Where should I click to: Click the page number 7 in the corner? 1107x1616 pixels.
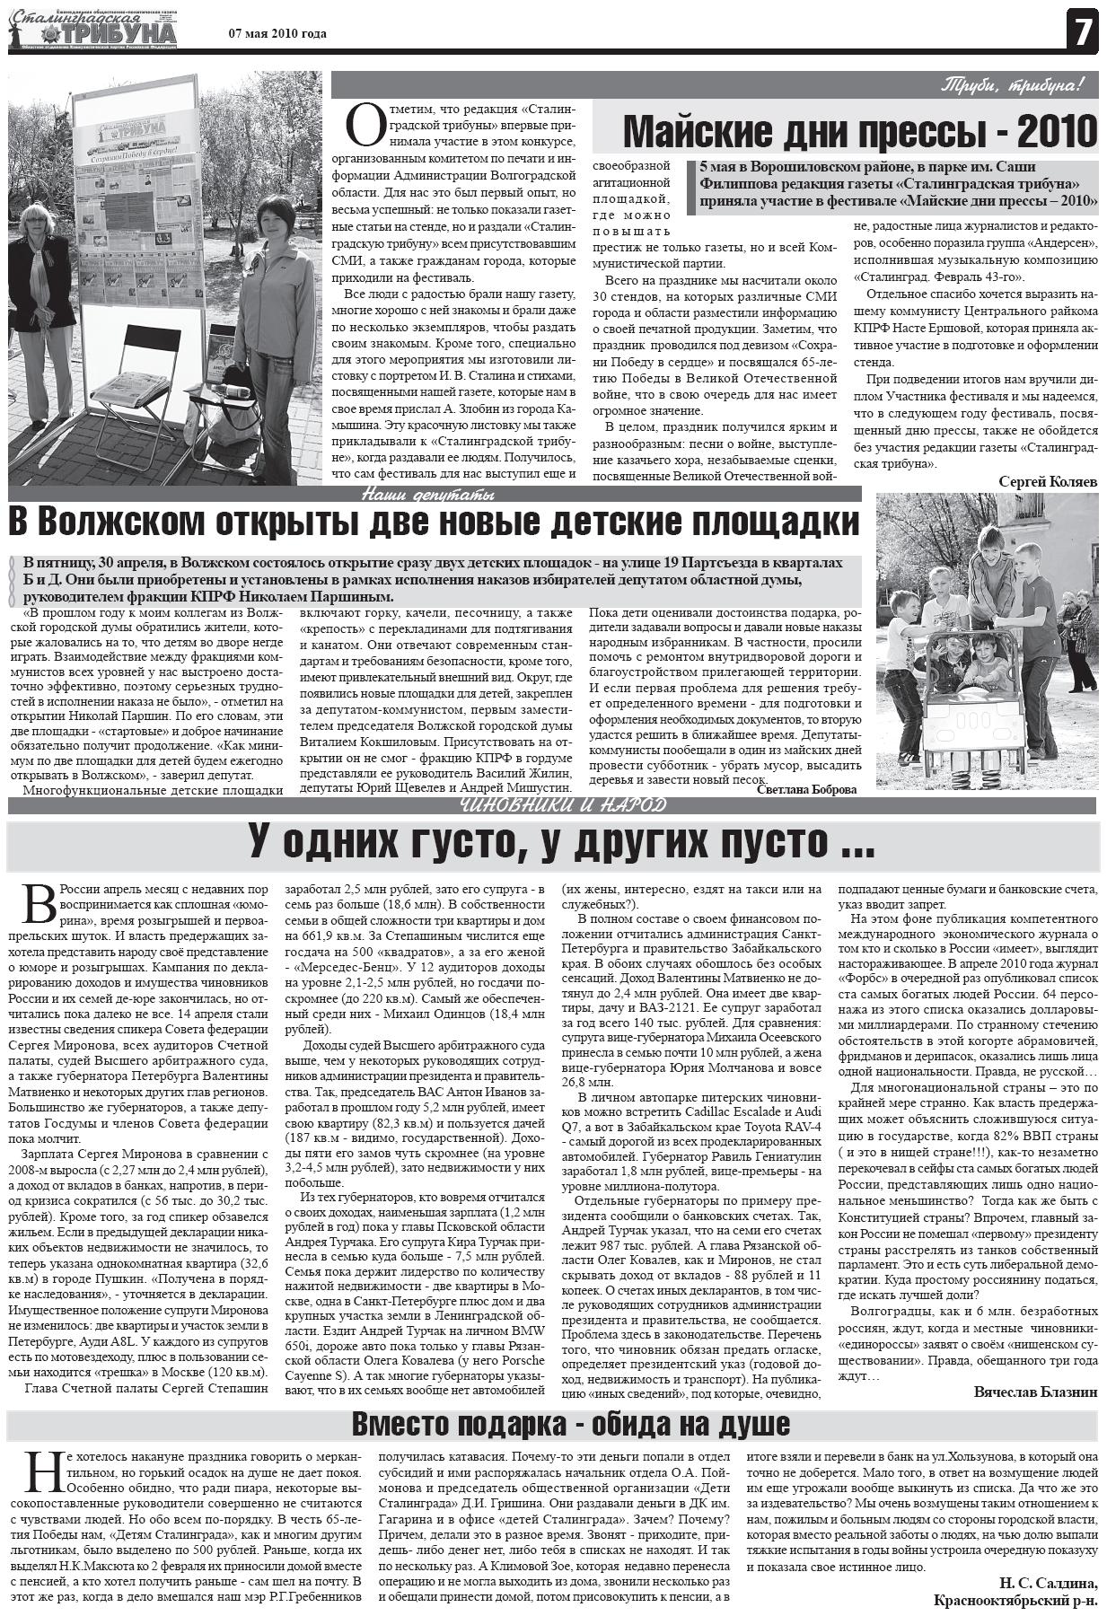[x=1083, y=33]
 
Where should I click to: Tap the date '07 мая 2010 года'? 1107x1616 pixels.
[x=277, y=34]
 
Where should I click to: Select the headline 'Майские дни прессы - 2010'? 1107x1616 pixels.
[x=859, y=132]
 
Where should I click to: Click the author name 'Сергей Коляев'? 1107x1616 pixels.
[x=1048, y=482]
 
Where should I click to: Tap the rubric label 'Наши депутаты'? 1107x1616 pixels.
[x=428, y=495]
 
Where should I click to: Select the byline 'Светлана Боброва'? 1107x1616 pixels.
[x=805, y=789]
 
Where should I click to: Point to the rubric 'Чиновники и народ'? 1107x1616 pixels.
[x=563, y=804]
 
